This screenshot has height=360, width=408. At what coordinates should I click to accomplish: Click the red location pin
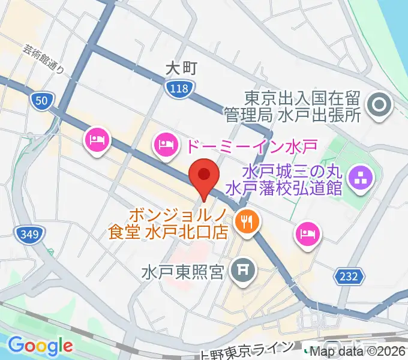pos(203,175)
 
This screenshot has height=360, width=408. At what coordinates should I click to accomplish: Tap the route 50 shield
pos(41,101)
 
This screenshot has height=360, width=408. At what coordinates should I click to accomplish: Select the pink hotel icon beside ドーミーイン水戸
pos(164,143)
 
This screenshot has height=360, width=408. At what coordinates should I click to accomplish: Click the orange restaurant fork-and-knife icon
pos(245,221)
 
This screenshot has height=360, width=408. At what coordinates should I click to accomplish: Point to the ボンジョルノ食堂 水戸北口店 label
pos(169,223)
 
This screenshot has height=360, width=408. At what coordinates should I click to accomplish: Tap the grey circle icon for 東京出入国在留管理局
pos(380,106)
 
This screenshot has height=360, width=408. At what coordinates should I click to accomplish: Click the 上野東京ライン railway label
pos(248,349)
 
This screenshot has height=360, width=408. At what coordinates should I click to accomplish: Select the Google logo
pos(40,345)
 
